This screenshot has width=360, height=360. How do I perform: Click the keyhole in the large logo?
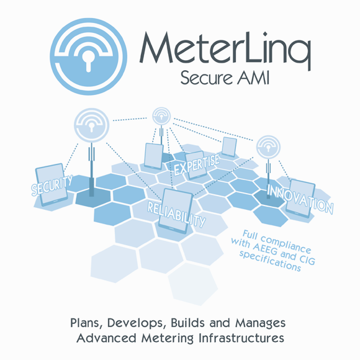click(x=88, y=61)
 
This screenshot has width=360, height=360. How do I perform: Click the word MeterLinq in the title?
click(x=225, y=51)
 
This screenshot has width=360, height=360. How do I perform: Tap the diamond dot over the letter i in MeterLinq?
click(x=265, y=34)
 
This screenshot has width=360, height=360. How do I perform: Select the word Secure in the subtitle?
click(x=206, y=78)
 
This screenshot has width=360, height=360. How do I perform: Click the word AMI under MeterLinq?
click(x=253, y=78)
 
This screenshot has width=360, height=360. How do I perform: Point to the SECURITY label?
click(x=52, y=185)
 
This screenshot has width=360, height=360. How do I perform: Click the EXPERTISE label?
click(x=197, y=164)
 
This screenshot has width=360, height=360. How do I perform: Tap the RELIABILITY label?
click(x=176, y=214)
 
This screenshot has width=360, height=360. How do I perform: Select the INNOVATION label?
click(x=300, y=199)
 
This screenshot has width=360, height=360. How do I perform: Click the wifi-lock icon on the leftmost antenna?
click(x=91, y=125)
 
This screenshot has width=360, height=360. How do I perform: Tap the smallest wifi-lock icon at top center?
click(x=161, y=116)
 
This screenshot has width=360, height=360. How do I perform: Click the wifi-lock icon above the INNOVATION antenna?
click(x=268, y=147)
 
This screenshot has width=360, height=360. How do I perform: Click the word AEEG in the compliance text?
click(x=265, y=249)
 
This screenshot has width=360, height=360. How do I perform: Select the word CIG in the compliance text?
click(x=307, y=259)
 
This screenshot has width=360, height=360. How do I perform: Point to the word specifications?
click(x=270, y=262)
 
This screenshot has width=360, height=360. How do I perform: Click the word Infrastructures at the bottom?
click(x=241, y=338)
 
